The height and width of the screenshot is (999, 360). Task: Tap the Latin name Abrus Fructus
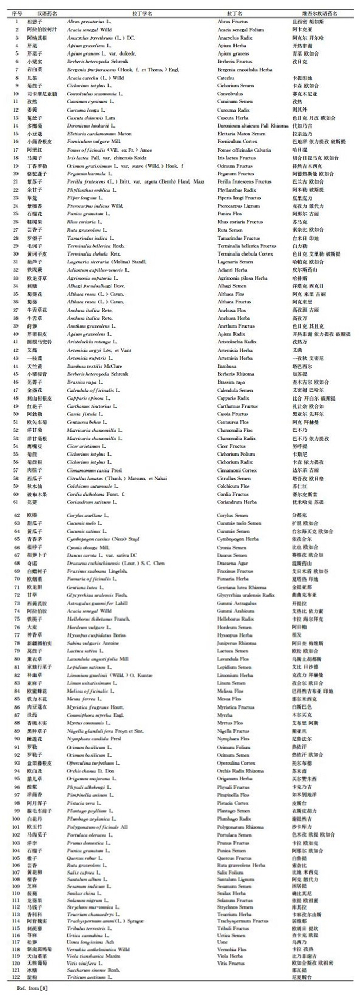232,22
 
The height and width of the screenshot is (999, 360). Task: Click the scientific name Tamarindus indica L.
88,238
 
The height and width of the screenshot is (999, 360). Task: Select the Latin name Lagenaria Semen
235,262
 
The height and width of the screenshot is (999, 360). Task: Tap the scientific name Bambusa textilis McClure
94,366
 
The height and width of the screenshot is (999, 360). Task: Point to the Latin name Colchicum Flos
233,486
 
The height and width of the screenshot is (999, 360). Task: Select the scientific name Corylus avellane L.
86,515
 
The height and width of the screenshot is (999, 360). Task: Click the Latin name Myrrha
225,715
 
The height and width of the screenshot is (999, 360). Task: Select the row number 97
16,803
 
